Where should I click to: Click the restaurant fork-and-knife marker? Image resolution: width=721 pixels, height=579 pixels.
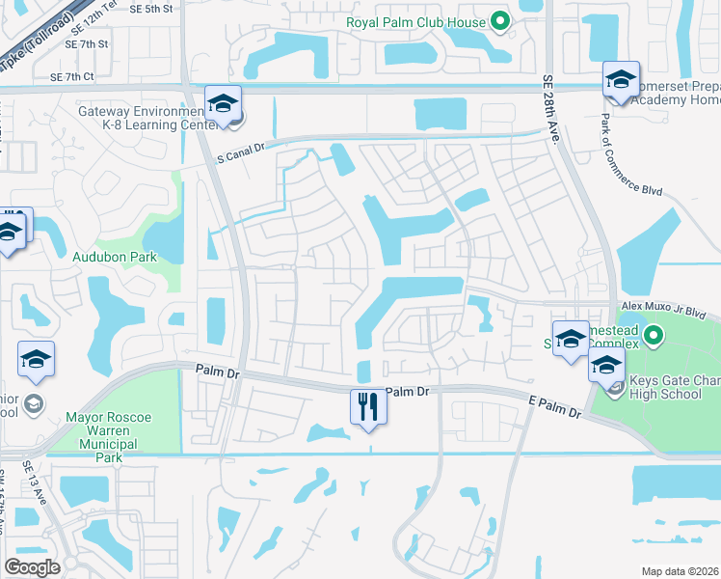coord(367,405)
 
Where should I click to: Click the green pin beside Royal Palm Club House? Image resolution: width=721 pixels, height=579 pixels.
coord(499,20)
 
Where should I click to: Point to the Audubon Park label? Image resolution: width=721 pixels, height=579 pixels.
coord(115,257)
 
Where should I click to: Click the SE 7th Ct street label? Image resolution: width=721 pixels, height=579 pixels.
coord(71,76)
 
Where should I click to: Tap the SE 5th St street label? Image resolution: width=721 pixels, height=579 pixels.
coord(149,8)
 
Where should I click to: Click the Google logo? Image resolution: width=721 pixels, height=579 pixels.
coord(33,567)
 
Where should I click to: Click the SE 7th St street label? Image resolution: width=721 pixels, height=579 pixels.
coord(87,44)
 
